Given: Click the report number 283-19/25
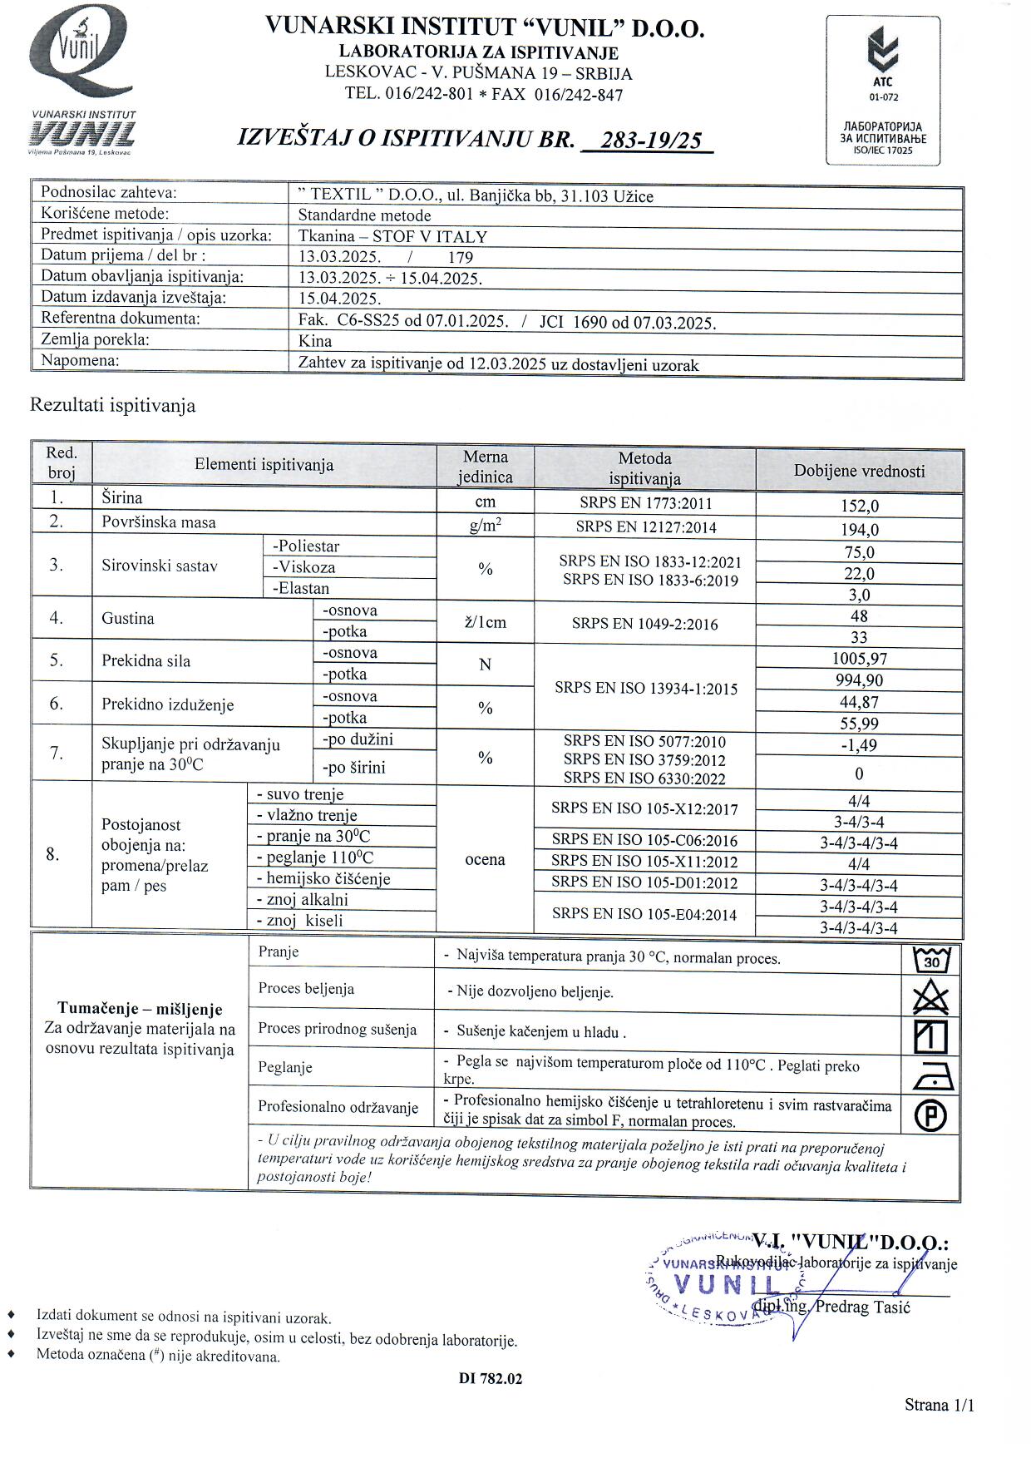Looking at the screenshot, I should (x=650, y=141).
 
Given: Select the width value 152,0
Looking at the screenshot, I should (x=859, y=506).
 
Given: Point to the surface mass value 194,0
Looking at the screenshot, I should (x=859, y=530).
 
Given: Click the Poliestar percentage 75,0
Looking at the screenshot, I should (x=859, y=552).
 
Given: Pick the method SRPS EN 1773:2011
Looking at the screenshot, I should (x=645, y=502).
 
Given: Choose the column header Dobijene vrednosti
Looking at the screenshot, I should (x=859, y=471).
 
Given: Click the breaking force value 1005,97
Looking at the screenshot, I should (x=859, y=659).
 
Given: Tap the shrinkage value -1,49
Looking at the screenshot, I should (x=859, y=745).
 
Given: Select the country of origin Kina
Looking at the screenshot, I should (x=315, y=341).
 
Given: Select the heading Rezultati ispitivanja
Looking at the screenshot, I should (x=112, y=406).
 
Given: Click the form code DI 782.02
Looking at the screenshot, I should (x=491, y=1378).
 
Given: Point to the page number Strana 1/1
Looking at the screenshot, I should (x=939, y=1405).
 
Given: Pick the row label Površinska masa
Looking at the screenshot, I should (x=158, y=522).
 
